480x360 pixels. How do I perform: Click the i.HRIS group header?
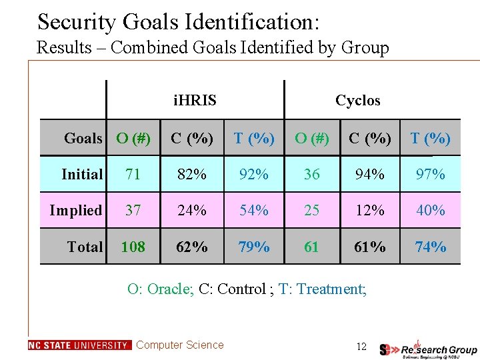(x=195, y=101)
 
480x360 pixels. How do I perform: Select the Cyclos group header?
(x=357, y=101)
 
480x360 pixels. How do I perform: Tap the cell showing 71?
(x=133, y=175)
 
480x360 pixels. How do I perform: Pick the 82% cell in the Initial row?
(x=191, y=175)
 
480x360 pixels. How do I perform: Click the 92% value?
(x=254, y=175)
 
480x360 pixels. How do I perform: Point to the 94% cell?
(x=369, y=175)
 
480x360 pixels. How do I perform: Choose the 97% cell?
(x=430, y=175)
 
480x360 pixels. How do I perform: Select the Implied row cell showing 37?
(x=133, y=211)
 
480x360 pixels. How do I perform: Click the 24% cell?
(x=191, y=211)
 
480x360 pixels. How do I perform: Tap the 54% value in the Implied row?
(x=254, y=211)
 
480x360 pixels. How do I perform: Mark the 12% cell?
(x=369, y=211)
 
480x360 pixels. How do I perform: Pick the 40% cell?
(x=430, y=211)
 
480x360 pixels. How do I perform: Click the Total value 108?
(x=133, y=247)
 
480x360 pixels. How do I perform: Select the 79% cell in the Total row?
(x=254, y=247)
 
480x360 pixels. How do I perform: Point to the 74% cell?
(x=430, y=247)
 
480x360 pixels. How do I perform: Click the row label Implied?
(x=76, y=211)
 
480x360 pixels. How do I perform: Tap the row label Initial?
(x=82, y=175)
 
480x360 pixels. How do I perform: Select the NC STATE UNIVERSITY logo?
(x=79, y=345)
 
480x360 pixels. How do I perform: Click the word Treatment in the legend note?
(x=331, y=289)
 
